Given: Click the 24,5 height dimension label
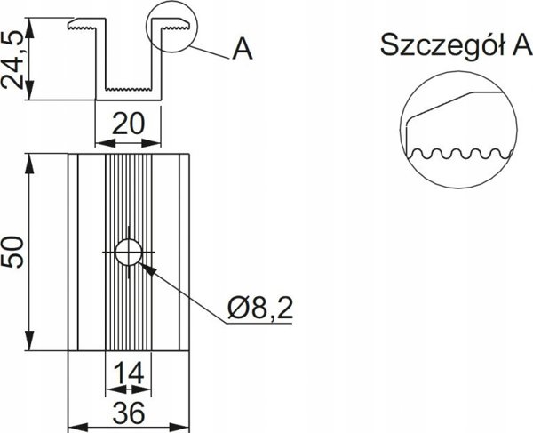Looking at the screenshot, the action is pyautogui.click(x=12, y=60).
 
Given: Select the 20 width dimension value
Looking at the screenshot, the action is pyautogui.click(x=128, y=124).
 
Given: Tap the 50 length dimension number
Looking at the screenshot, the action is pyautogui.click(x=12, y=252).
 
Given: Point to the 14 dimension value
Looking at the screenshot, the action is pyautogui.click(x=128, y=373).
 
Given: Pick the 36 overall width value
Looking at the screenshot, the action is pyautogui.click(x=129, y=413).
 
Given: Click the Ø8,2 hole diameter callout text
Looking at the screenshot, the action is pyautogui.click(x=259, y=309).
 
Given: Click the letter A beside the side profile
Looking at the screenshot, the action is pyautogui.click(x=243, y=49).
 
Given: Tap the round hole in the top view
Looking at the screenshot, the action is pyautogui.click(x=129, y=252).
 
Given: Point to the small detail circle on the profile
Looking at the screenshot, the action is pyautogui.click(x=171, y=28).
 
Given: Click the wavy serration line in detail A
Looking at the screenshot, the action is pyautogui.click(x=459, y=154).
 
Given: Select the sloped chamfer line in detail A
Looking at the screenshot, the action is pyautogui.click(x=441, y=105).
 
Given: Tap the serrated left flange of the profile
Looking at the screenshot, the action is pyautogui.click(x=83, y=25).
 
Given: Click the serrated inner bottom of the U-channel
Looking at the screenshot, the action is pyautogui.click(x=128, y=90).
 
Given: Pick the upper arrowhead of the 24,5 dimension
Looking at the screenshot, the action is pyautogui.click(x=30, y=28).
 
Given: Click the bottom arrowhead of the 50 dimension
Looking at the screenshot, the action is pyautogui.click(x=30, y=340).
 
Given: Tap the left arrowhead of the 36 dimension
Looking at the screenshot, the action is pyautogui.click(x=78, y=428).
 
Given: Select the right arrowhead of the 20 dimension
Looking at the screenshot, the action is pyautogui.click(x=151, y=143).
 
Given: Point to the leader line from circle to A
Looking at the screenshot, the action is pyautogui.click(x=210, y=52).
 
